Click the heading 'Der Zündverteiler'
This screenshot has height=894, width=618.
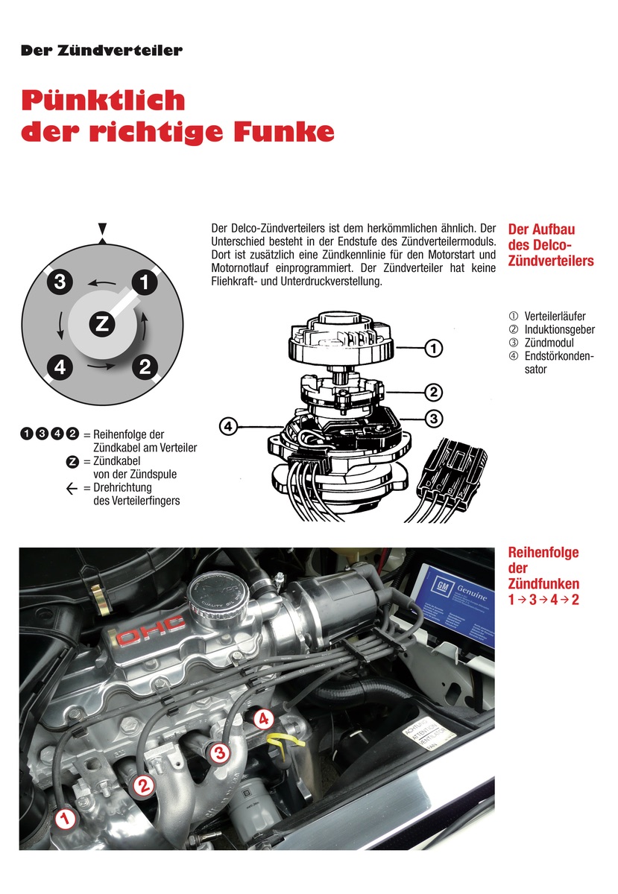tap(102, 51)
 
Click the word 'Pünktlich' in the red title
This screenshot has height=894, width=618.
tap(103, 100)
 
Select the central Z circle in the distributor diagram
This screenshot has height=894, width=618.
tap(102, 323)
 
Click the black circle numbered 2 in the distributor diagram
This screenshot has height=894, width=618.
tap(145, 366)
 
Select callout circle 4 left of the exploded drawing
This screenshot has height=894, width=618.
tap(230, 426)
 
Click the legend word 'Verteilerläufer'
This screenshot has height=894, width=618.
tap(555, 317)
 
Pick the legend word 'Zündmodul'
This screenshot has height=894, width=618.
tap(549, 343)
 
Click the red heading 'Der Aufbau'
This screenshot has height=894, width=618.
tap(541, 229)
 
